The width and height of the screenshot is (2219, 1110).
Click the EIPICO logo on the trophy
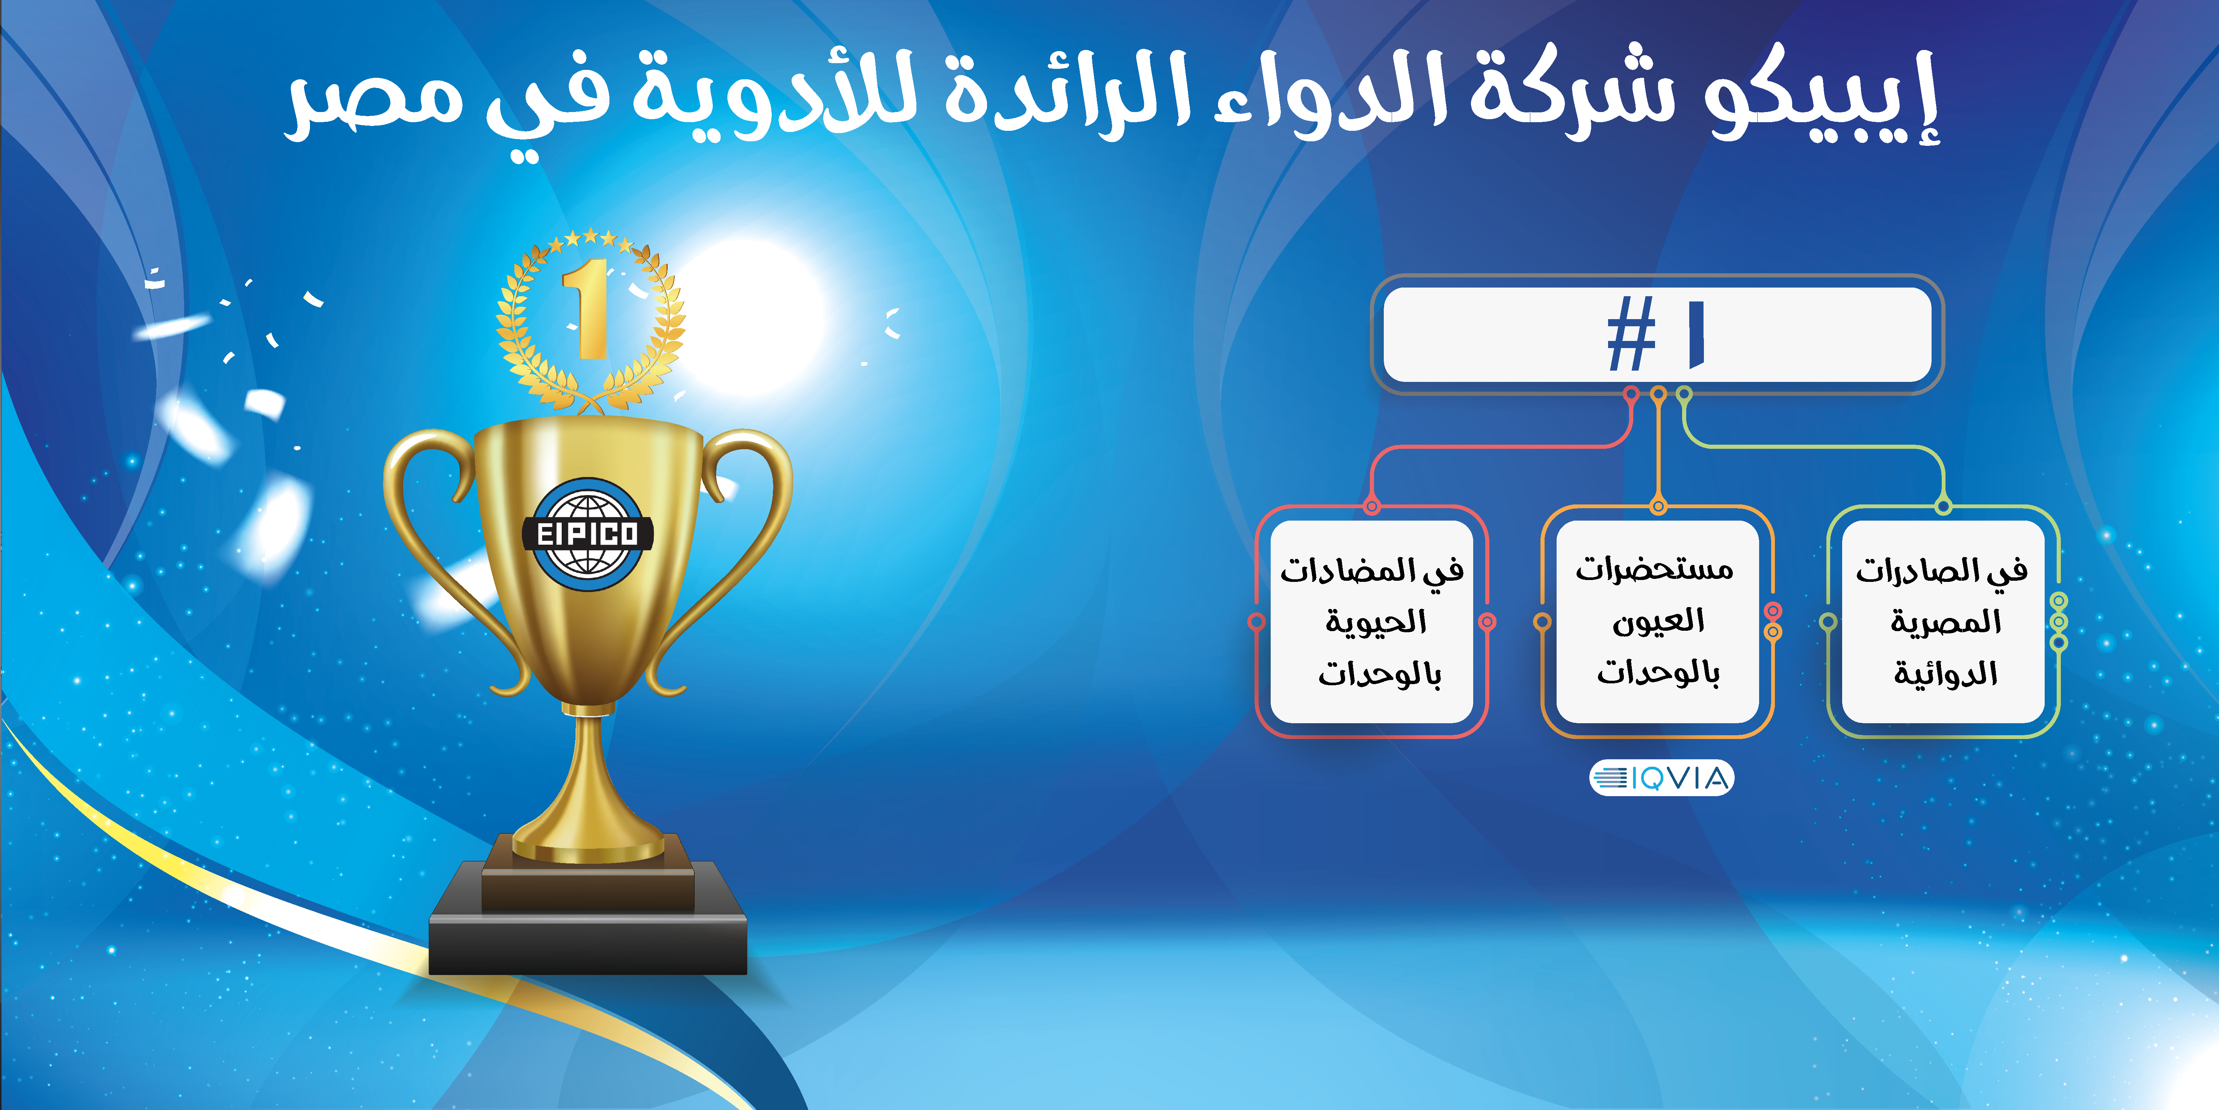point(588,534)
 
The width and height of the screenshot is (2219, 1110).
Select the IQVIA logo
point(1661,778)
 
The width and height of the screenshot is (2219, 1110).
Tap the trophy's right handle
point(732,551)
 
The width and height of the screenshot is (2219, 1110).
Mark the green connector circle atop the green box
point(1943,506)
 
